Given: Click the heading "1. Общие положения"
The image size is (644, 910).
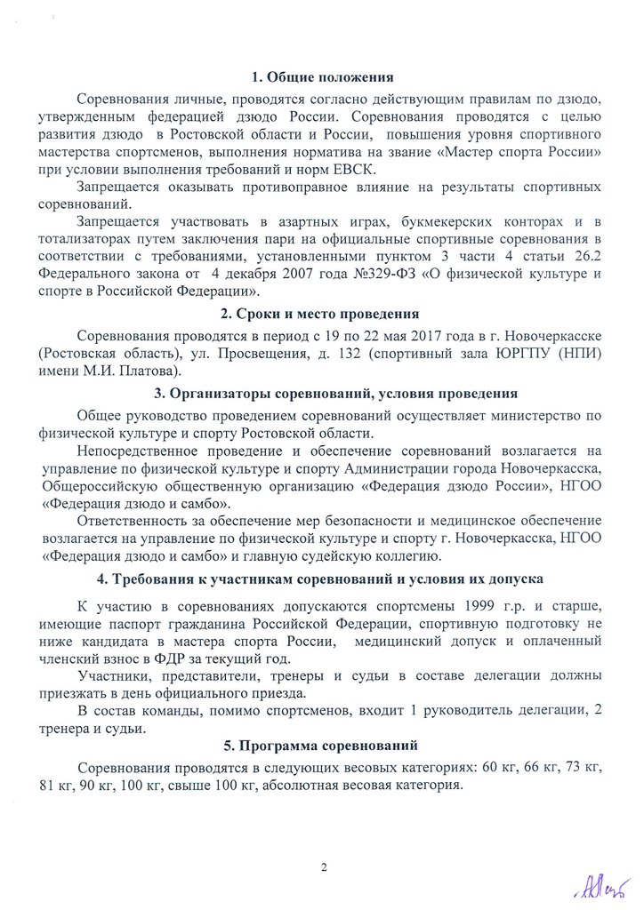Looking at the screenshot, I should [x=321, y=77].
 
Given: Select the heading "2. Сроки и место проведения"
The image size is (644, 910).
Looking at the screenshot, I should [x=321, y=314].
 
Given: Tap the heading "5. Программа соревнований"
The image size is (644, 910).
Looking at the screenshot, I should [x=321, y=745].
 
